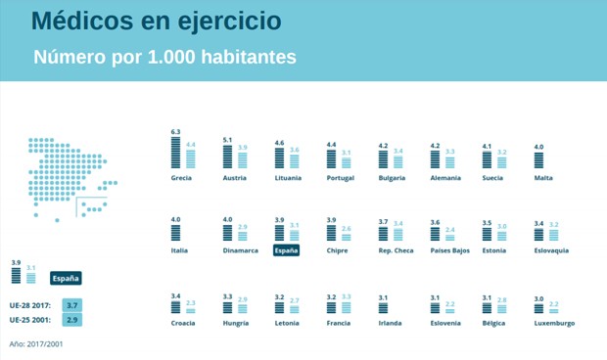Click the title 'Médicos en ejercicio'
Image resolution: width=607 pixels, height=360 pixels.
(x=154, y=21)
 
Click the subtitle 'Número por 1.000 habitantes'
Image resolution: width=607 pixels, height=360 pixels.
(x=164, y=58)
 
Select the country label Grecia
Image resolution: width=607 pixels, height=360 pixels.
(x=181, y=178)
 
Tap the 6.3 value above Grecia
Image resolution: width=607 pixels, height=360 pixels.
(x=176, y=131)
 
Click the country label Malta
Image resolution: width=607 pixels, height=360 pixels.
(x=543, y=178)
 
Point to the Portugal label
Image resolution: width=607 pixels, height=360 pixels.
(x=340, y=178)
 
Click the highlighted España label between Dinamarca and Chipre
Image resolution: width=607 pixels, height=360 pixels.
(x=286, y=250)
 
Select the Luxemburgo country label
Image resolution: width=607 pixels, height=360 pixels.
(x=555, y=323)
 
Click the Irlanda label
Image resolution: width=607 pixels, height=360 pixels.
(x=391, y=323)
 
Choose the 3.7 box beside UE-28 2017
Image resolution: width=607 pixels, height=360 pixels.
(x=71, y=306)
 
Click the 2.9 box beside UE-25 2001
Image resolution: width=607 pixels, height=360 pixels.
(x=71, y=320)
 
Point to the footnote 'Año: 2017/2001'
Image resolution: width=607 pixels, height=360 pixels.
(x=37, y=343)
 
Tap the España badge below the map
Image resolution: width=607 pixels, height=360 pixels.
(x=66, y=277)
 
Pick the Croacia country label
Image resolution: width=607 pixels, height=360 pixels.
(x=184, y=323)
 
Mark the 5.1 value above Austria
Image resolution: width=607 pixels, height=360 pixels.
(x=228, y=140)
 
